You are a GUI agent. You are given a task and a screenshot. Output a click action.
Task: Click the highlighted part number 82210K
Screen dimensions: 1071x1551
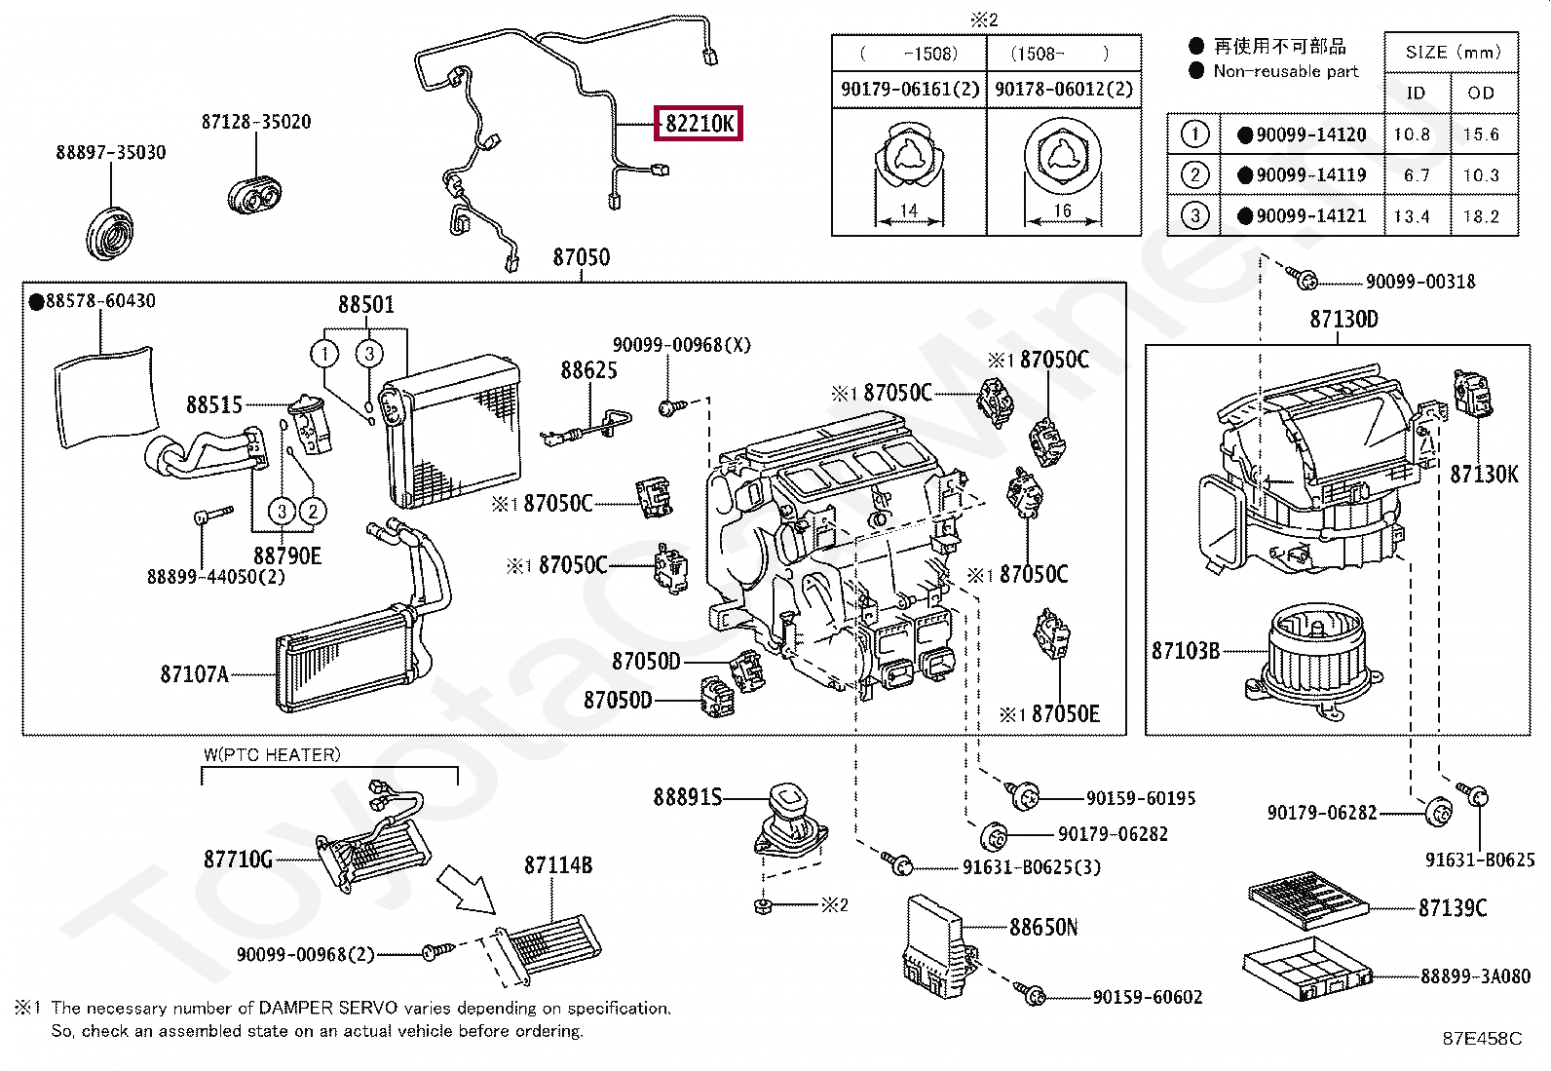pos(699,124)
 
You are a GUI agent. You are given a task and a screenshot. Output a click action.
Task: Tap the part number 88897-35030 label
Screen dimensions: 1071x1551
pos(111,152)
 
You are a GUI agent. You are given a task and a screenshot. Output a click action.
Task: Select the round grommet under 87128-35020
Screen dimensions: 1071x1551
pos(255,194)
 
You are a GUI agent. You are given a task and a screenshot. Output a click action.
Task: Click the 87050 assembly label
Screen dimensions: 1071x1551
pos(581,257)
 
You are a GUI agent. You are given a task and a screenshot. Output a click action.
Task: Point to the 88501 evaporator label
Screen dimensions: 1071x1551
pos(366,305)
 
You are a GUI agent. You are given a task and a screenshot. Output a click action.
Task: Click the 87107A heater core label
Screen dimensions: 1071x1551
pos(194,674)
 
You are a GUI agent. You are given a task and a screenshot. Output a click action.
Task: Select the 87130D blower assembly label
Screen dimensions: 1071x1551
pos(1343,320)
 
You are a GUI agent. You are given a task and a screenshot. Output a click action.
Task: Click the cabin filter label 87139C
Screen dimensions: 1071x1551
pos(1452,908)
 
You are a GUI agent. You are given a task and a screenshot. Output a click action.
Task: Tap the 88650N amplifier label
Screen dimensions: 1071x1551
pos(1043,928)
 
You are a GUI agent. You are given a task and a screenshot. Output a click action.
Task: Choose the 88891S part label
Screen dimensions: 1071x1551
pos(687,798)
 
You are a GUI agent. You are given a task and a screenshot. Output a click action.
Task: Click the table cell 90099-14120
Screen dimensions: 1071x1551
pos(1310,134)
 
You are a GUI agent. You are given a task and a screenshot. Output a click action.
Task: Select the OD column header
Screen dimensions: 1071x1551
pos(1481,94)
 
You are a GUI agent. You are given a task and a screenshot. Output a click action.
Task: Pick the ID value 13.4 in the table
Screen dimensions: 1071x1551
pos(1416,216)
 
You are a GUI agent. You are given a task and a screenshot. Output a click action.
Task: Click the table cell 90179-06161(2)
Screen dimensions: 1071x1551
pos(909,89)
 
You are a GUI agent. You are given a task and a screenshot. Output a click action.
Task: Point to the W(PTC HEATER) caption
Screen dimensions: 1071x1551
pos(272,755)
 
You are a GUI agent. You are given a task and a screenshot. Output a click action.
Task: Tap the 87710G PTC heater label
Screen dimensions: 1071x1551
pos(238,860)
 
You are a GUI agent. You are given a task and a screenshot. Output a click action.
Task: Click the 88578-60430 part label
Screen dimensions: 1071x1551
pos(99,301)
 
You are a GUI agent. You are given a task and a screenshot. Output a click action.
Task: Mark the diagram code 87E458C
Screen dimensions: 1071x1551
pos(1481,1039)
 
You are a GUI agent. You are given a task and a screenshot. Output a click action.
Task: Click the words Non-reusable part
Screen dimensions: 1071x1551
pos(1285,71)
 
